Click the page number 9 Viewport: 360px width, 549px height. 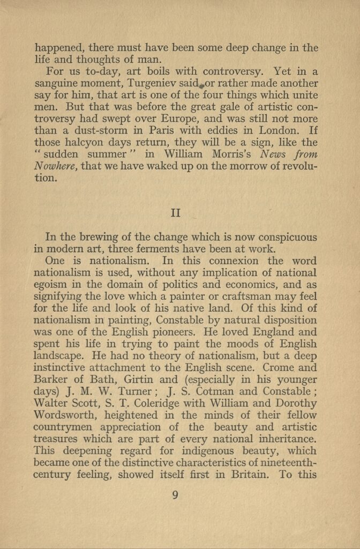[x=176, y=494]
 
